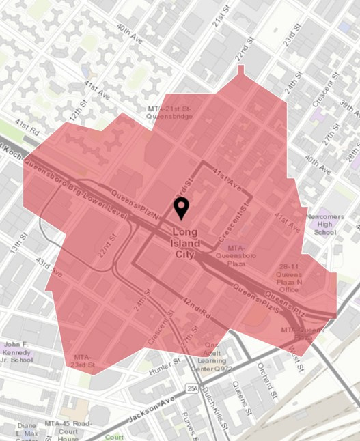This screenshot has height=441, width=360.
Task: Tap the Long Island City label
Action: click(x=185, y=243)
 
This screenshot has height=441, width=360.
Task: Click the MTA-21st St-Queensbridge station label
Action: click(x=170, y=112)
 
